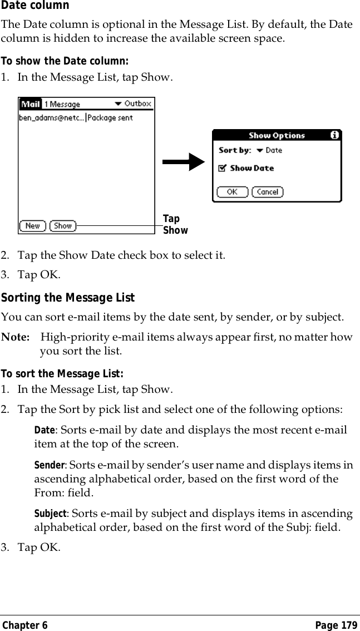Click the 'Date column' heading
click(x=34, y=6)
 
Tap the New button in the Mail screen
click(x=33, y=226)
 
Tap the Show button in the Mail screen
click(x=63, y=226)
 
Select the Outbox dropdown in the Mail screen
click(x=134, y=103)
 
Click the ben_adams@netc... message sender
click(x=51, y=117)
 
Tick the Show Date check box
click(x=222, y=168)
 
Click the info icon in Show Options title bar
click(x=334, y=135)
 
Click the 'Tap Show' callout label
click(x=175, y=225)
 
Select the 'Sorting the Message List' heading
click(x=68, y=298)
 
